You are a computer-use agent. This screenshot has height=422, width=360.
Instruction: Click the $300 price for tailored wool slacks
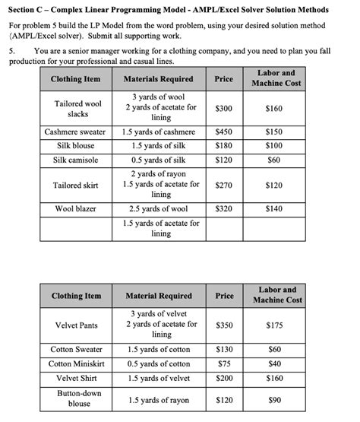[x=223, y=109]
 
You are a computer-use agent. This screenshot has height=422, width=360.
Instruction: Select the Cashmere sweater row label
[x=76, y=132]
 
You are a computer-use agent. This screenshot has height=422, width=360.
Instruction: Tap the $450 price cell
[x=223, y=132]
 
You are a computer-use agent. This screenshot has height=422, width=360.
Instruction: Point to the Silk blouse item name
[x=76, y=145]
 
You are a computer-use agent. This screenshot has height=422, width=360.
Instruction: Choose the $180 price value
[x=223, y=145]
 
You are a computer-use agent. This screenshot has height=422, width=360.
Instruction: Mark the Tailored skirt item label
[x=76, y=185]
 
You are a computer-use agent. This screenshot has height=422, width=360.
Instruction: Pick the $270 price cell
[x=223, y=185]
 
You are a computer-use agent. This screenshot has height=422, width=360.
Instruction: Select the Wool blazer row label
[x=76, y=208]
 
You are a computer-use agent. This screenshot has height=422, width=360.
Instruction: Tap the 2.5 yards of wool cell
[x=158, y=208]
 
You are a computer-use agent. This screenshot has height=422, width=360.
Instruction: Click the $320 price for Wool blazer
[x=223, y=208]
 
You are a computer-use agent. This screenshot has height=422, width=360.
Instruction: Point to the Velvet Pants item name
[x=76, y=325]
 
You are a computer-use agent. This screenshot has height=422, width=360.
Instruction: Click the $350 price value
[x=223, y=325]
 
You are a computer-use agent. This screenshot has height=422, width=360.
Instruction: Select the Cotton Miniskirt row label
[x=76, y=363]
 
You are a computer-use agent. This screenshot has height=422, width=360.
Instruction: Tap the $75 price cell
[x=223, y=363]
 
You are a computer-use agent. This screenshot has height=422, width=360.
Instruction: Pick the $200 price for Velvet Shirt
[x=223, y=378]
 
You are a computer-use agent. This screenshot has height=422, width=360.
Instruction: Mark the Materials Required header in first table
[x=158, y=79]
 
